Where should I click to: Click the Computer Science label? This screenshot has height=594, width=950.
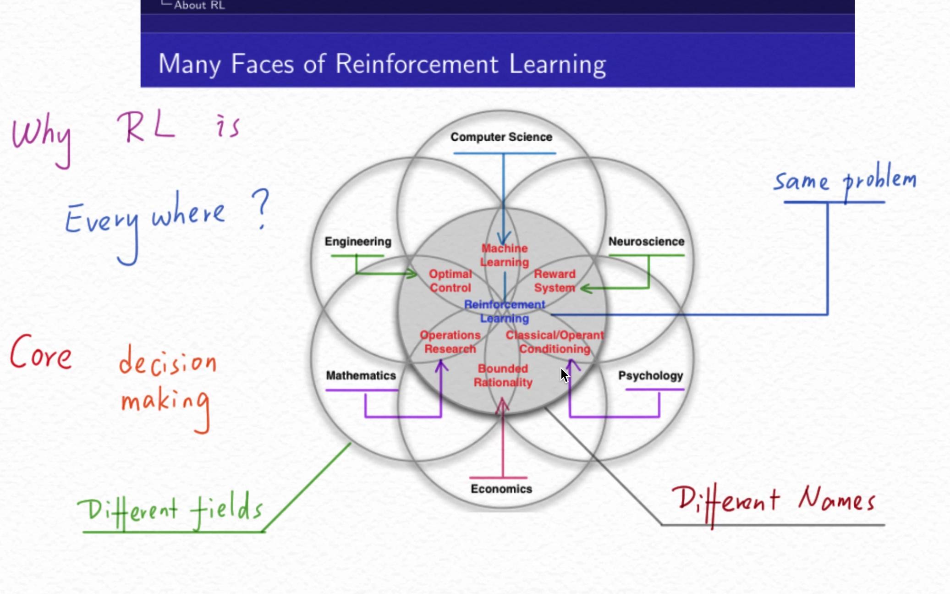click(501, 137)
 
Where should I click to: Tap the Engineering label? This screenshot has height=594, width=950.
click(358, 242)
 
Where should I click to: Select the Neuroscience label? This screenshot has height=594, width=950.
click(646, 242)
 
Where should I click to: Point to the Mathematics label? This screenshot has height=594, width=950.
click(361, 375)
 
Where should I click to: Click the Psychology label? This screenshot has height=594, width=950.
click(650, 376)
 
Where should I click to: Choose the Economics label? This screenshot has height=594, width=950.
click(501, 489)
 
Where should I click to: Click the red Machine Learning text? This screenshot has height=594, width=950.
click(504, 255)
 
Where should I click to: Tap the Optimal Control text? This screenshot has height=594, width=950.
click(450, 280)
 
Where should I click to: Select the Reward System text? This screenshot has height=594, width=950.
click(555, 280)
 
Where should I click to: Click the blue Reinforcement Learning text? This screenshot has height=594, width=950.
click(504, 311)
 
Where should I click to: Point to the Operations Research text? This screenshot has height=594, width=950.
click(450, 342)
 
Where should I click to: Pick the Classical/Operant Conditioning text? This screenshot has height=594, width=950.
click(555, 342)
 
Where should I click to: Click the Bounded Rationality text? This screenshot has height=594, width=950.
click(503, 375)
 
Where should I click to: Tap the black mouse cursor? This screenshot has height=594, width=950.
click(564, 375)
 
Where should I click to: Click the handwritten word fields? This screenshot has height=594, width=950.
click(227, 509)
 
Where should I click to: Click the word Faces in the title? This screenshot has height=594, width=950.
click(262, 64)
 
